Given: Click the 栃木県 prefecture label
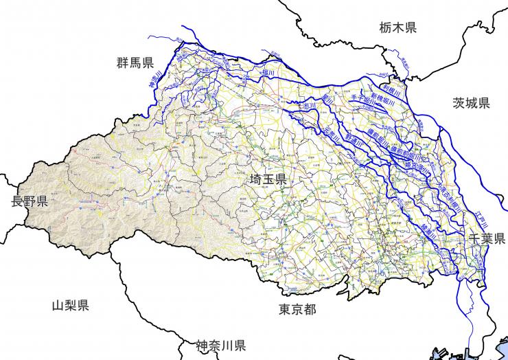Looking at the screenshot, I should [x=397, y=27].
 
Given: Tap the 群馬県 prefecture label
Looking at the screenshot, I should [x=135, y=64].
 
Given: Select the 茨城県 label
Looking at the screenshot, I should [x=471, y=103].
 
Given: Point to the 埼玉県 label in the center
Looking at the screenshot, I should [x=268, y=180].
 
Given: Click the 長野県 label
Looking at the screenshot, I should [x=29, y=201].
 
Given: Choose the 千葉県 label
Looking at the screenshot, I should [x=487, y=238].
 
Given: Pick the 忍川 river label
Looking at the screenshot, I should [x=307, y=106].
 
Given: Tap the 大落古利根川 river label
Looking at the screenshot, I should [x=450, y=193].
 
